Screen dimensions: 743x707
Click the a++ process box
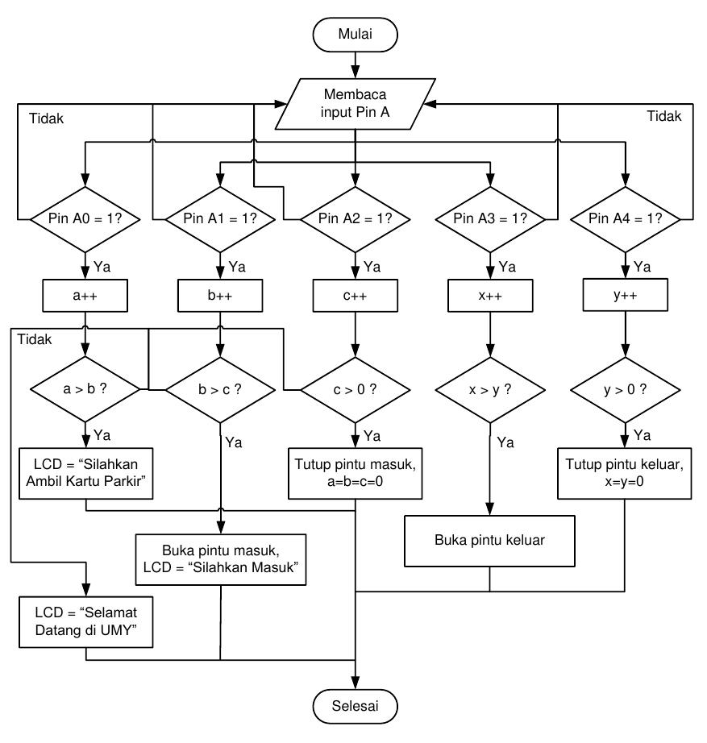85,296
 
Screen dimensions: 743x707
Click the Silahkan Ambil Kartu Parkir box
85,473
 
